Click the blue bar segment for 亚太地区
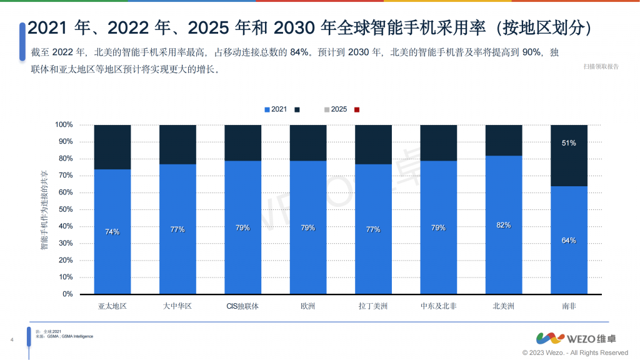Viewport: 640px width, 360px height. tap(112, 231)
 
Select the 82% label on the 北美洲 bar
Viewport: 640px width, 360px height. tap(503, 225)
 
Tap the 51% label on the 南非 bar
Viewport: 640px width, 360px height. tap(569, 143)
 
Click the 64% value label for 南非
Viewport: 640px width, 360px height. tap(569, 241)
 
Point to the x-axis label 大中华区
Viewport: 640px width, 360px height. tap(177, 306)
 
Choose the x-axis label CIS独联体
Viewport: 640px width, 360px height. tap(242, 306)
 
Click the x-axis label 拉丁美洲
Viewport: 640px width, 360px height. tap(373, 306)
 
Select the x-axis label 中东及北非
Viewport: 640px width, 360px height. tap(438, 306)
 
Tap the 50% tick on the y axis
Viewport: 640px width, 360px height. tap(65, 209)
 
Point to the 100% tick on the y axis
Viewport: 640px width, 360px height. tap(64, 125)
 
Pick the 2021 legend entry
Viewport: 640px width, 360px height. tap(276, 109)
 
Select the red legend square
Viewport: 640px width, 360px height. tap(357, 109)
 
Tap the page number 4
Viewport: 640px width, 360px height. tap(13, 340)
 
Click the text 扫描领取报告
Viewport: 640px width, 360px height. tap(601, 66)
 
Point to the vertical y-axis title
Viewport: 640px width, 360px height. tap(44, 209)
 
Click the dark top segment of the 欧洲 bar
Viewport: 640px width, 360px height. tap(308, 142)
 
